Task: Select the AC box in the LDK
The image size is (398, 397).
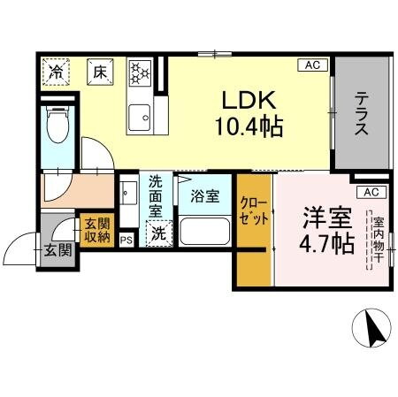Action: (312, 65)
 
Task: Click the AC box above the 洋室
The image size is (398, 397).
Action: (371, 192)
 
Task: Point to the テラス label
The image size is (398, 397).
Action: (361, 116)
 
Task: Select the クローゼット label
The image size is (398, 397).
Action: (254, 213)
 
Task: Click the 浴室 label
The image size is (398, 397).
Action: (207, 197)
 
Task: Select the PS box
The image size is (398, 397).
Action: (126, 239)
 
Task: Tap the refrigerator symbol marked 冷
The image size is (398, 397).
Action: (56, 72)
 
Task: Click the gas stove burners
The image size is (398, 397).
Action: (140, 72)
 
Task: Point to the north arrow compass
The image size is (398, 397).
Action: (371, 331)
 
